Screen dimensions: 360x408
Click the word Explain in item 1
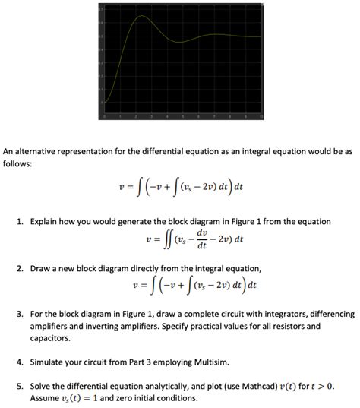[x=46, y=221]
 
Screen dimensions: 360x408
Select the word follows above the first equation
[x=18, y=163]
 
